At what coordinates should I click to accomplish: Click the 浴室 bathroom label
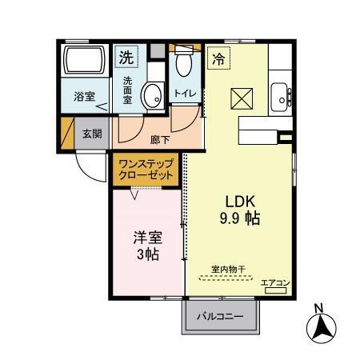tap(84, 97)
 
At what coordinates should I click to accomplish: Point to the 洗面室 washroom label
tap(128, 86)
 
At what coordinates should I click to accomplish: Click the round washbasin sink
tap(150, 96)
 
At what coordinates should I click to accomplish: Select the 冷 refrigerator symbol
tap(218, 58)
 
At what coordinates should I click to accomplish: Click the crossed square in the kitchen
tap(241, 98)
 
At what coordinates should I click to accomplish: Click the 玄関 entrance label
tap(90, 134)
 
